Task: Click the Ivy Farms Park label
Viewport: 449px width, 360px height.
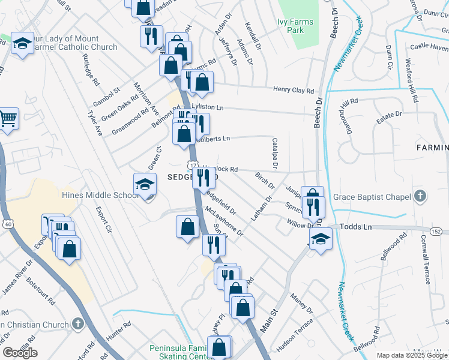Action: [x=295, y=26]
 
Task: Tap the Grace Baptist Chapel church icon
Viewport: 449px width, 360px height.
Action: [x=420, y=196]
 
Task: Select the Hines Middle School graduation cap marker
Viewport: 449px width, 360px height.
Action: [x=145, y=185]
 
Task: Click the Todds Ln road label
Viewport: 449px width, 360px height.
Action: [x=356, y=227]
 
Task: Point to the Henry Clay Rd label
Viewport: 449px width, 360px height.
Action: [x=294, y=91]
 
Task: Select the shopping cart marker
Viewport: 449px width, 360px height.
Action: [x=8, y=118]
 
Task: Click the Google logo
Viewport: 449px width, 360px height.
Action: [x=20, y=353]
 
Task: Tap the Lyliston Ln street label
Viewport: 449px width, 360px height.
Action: [x=207, y=107]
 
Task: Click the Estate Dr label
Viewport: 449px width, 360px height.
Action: [x=389, y=115]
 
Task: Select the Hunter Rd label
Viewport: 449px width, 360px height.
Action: [x=118, y=332]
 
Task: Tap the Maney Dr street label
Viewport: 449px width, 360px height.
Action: [x=301, y=303]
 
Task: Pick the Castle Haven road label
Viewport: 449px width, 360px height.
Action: [x=429, y=47]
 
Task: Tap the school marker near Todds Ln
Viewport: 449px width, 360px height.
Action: [x=321, y=239]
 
